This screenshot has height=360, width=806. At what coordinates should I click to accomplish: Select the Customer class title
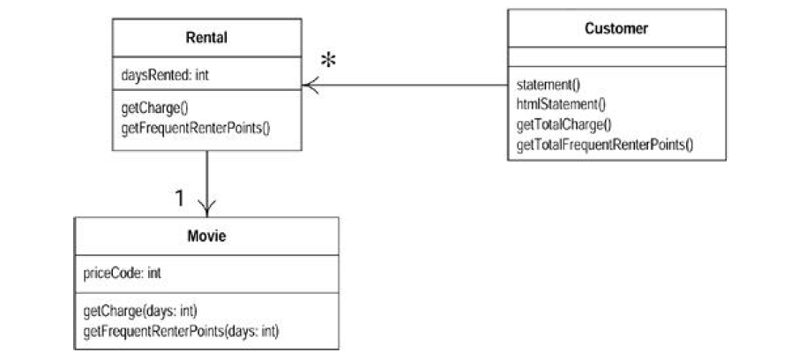coord(616,28)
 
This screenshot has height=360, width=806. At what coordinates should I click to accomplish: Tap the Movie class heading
coord(206,236)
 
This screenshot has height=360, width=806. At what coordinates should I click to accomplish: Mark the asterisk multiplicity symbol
coord(330,62)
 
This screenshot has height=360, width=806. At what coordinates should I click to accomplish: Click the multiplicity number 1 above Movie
coord(178,199)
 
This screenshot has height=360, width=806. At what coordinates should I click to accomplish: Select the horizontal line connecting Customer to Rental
coord(406,86)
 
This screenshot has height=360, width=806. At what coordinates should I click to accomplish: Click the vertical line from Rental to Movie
coord(207,176)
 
